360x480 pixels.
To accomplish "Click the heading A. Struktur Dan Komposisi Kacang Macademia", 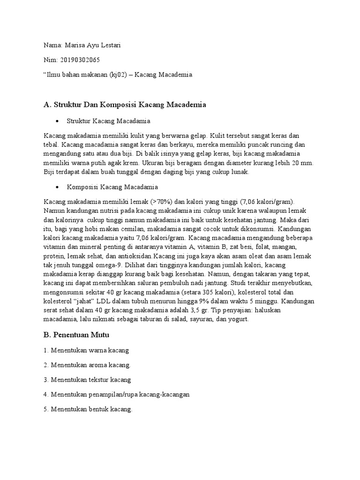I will coord(124,105).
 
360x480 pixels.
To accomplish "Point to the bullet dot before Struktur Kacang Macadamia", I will coord(57,121).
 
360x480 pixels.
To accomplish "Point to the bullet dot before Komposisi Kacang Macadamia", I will coord(57,187).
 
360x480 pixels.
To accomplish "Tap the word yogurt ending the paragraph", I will coord(237,319).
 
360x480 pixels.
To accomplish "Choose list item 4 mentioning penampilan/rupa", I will coord(116,394).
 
